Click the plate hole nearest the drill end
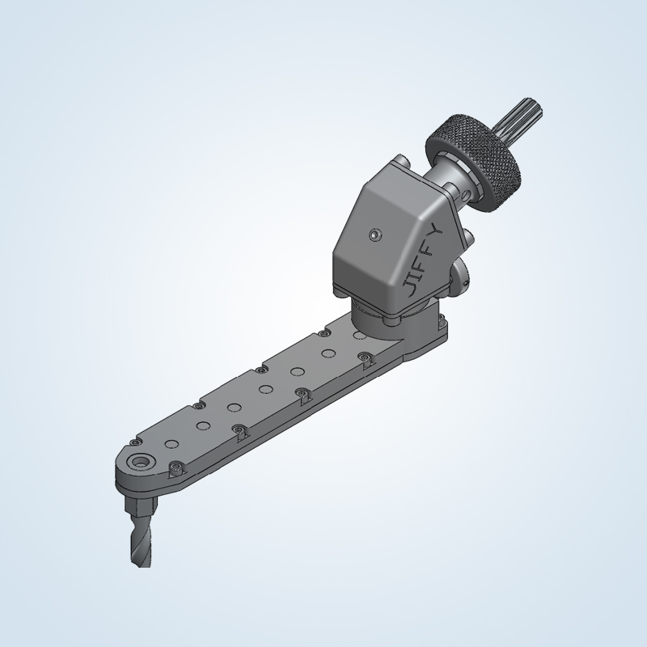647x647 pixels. click(171, 444)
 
